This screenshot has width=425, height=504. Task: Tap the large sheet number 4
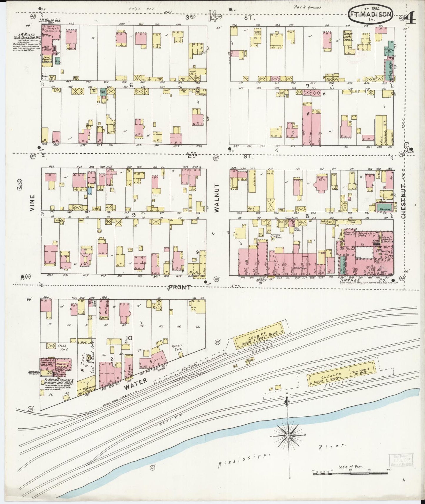pyautogui.click(x=411, y=18)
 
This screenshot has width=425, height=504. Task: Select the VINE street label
pyautogui.click(x=32, y=203)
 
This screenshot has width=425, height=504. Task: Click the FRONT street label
pyautogui.click(x=179, y=287)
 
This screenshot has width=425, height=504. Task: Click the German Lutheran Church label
pyautogui.click(x=348, y=36)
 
